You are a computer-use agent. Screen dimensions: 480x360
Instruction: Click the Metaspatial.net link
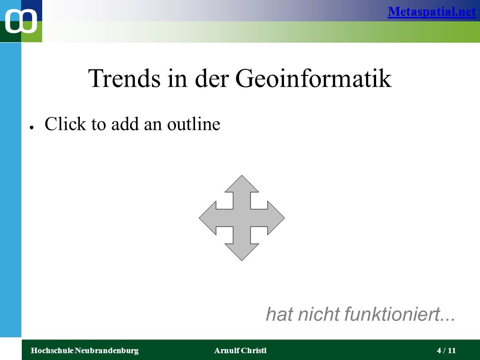431,12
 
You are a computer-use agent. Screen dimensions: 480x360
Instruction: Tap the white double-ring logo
21,21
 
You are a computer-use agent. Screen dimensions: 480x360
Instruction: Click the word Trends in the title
124,78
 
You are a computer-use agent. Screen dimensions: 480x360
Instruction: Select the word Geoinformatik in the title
313,78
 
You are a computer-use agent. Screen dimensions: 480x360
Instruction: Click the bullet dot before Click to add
31,128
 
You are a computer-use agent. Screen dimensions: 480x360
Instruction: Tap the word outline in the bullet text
193,124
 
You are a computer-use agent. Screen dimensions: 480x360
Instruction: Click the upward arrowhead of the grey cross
242,184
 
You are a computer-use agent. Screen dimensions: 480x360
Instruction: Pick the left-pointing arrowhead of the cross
208,218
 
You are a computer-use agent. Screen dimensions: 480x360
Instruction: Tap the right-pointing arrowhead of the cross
276,218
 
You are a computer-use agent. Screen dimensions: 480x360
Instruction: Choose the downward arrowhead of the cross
242,252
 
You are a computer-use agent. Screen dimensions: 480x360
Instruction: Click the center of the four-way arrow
242,218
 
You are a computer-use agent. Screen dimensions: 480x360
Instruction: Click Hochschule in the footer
52,350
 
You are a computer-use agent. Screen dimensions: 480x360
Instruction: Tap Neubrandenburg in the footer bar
107,350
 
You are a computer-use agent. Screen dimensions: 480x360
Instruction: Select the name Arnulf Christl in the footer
240,350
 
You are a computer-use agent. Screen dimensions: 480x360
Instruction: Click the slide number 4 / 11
446,350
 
